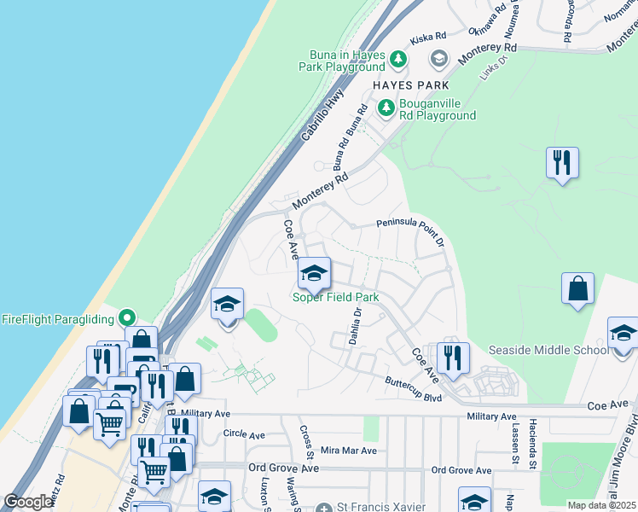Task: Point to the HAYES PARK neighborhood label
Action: (x=410, y=85)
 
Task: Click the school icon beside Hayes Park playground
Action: (x=439, y=59)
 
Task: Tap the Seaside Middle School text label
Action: (x=548, y=351)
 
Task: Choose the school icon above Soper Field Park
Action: (x=314, y=274)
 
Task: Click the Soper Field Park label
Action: (x=335, y=297)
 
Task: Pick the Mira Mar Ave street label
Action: (x=347, y=450)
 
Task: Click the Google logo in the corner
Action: (x=28, y=502)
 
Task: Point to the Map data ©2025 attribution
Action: (x=602, y=505)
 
